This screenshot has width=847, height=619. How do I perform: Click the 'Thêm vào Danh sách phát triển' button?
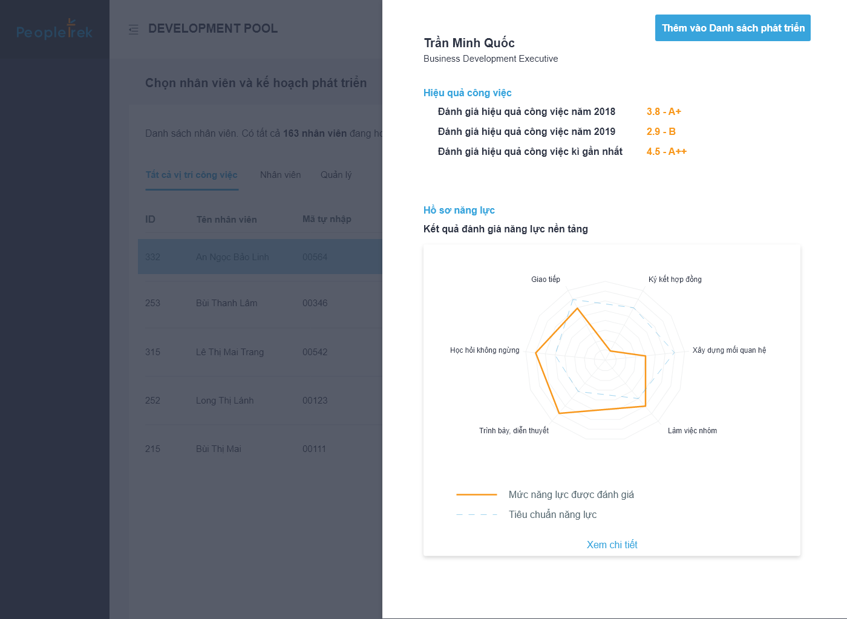pyautogui.click(x=733, y=28)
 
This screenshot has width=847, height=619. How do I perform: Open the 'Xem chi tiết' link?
pyautogui.click(x=612, y=545)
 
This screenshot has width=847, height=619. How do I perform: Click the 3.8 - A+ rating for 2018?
pyautogui.click(x=664, y=111)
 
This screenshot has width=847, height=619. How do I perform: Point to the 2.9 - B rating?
pyautogui.click(x=661, y=131)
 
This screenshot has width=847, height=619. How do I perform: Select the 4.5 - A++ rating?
pyautogui.click(x=666, y=151)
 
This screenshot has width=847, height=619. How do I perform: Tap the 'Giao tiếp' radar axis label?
pyautogui.click(x=546, y=280)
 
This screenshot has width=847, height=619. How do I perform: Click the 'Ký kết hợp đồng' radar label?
pyautogui.click(x=675, y=280)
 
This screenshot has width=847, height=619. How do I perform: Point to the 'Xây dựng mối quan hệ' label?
pyautogui.click(x=729, y=350)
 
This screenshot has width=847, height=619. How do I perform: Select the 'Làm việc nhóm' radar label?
pyautogui.click(x=692, y=431)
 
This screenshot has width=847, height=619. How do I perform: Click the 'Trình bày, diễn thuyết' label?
pyautogui.click(x=514, y=431)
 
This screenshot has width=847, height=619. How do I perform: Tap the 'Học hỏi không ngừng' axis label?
pyautogui.click(x=485, y=350)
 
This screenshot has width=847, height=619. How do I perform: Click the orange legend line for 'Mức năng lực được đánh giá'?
pyautogui.click(x=477, y=494)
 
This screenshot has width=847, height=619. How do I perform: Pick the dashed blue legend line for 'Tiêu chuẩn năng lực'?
pyautogui.click(x=477, y=514)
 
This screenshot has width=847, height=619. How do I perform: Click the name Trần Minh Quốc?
pyautogui.click(x=469, y=43)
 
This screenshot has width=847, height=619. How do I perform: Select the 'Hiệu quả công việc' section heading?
pyautogui.click(x=467, y=93)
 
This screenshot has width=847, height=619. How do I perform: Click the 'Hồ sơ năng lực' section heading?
pyautogui.click(x=459, y=210)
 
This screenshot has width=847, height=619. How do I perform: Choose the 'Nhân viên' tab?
pyautogui.click(x=280, y=175)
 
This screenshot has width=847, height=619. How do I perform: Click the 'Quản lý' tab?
pyautogui.click(x=336, y=175)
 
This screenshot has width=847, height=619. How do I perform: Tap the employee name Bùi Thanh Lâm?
pyautogui.click(x=226, y=303)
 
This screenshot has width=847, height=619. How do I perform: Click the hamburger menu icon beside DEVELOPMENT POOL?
pyautogui.click(x=134, y=29)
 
